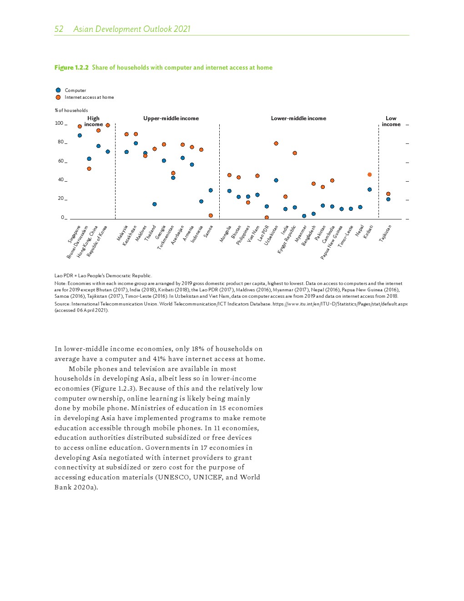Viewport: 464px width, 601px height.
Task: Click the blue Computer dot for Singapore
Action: pyautogui.click(x=80, y=135)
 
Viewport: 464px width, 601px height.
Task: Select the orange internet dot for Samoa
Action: pyautogui.click(x=211, y=215)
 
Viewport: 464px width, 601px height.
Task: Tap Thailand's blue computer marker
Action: pyautogui.click(x=155, y=204)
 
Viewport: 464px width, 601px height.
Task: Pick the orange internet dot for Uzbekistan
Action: pyautogui.click(x=276, y=143)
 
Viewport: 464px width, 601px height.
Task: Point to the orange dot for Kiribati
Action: pyautogui.click(x=369, y=174)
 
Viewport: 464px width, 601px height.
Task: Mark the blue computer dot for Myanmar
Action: pyautogui.click(x=304, y=216)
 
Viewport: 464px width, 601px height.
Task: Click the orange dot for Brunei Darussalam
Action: pyautogui.click(x=89, y=168)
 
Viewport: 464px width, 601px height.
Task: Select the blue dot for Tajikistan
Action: pyautogui.click(x=388, y=199)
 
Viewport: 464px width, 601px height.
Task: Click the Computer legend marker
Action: pyautogui.click(x=58, y=90)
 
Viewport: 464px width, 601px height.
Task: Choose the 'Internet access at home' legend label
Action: pyautogui.click(x=89, y=97)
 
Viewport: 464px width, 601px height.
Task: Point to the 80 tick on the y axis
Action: pyautogui.click(x=61, y=142)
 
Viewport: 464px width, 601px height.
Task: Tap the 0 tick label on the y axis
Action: pyautogui.click(x=62, y=218)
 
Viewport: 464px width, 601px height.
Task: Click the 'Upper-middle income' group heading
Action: pyautogui.click(x=171, y=118)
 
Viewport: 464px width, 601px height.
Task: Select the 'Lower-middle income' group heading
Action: pyautogui.click(x=298, y=118)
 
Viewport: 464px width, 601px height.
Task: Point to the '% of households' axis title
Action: pyautogui.click(x=71, y=110)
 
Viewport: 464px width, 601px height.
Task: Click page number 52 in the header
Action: pyautogui.click(x=59, y=29)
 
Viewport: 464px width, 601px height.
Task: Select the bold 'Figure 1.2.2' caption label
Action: pyautogui.click(x=71, y=67)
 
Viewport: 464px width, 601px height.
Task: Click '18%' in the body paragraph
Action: pyautogui.click(x=198, y=349)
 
